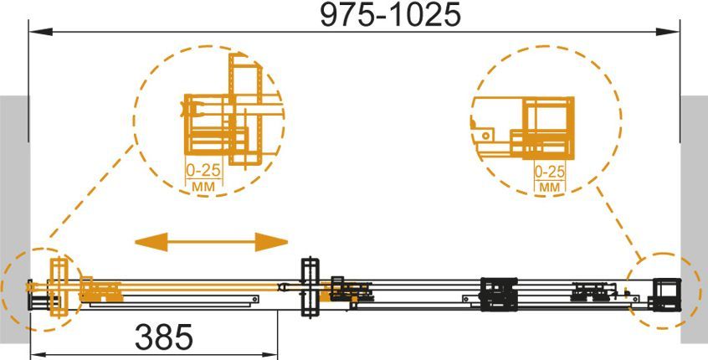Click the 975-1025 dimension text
pyautogui.click(x=390, y=14)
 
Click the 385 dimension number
pyautogui.click(x=164, y=337)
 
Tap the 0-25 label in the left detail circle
pyautogui.click(x=203, y=170)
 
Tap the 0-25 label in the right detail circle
pyautogui.click(x=550, y=172)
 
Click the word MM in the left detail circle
pyautogui.click(x=203, y=186)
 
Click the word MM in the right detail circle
pyautogui.click(x=550, y=187)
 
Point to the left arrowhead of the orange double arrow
pyautogui.click(x=151, y=242)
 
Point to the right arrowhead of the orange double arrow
pyautogui.click(x=271, y=242)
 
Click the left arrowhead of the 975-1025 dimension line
pyautogui.click(x=41, y=32)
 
